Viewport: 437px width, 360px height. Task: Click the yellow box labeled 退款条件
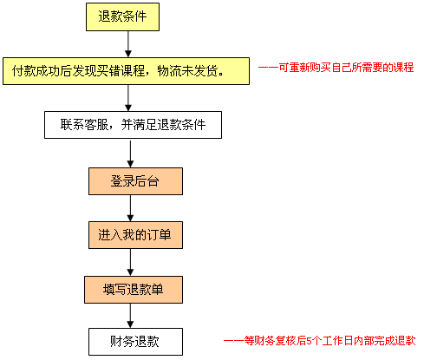click(122, 16)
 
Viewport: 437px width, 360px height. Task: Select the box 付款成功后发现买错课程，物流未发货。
click(126, 71)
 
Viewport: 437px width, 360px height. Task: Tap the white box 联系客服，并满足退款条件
click(133, 125)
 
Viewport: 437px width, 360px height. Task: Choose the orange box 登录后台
click(135, 181)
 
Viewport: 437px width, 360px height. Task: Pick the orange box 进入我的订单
click(135, 235)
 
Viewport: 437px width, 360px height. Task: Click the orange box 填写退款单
click(134, 290)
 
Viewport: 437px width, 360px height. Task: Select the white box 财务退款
click(135, 342)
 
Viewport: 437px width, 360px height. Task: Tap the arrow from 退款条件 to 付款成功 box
click(128, 44)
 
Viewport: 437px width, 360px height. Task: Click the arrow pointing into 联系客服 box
click(128, 98)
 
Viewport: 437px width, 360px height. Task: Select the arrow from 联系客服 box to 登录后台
click(130, 154)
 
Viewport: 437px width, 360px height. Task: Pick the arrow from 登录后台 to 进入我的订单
click(130, 208)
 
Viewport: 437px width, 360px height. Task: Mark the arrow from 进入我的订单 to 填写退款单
click(130, 262)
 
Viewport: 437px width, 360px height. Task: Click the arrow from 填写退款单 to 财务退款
click(130, 316)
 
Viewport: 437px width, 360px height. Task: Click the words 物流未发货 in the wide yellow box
click(187, 71)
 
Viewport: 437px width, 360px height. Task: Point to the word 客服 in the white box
click(96, 125)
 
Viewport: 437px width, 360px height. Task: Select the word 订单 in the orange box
click(160, 235)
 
